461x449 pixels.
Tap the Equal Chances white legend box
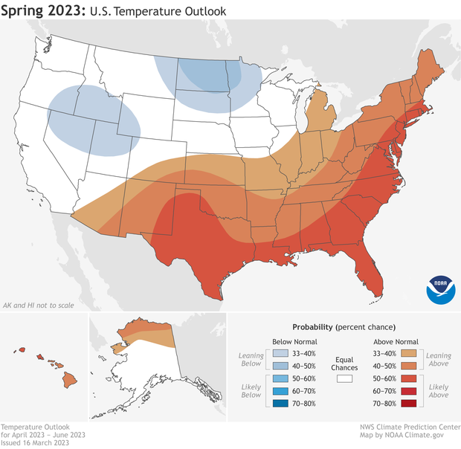pyautogui.click(x=344, y=378)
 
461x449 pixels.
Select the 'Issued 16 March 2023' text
pyautogui.click(x=34, y=442)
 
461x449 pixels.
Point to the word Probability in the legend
pyautogui.click(x=312, y=327)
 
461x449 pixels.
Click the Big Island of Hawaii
pyautogui.click(x=68, y=380)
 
